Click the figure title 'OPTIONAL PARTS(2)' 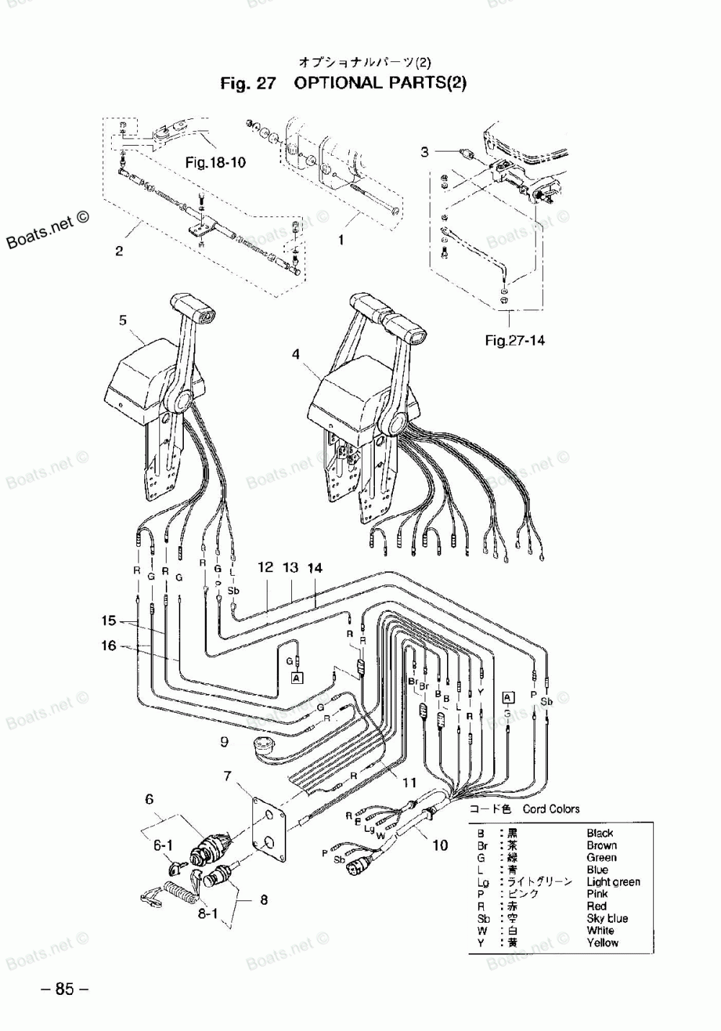click(x=380, y=82)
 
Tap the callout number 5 click(x=123, y=320)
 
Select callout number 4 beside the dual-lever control click(x=296, y=354)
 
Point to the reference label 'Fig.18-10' click(x=215, y=162)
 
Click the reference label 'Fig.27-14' click(x=515, y=341)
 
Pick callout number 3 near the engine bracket click(x=425, y=152)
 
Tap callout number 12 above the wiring click(x=265, y=567)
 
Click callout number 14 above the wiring click(x=314, y=567)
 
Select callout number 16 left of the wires click(x=108, y=645)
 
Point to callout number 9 click(x=224, y=741)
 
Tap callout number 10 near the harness click(x=440, y=845)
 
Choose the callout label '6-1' click(x=162, y=844)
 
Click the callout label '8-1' click(x=208, y=913)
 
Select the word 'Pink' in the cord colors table click(x=597, y=893)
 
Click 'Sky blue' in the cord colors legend click(x=607, y=918)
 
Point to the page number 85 click(x=64, y=989)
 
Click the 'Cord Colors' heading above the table click(x=552, y=809)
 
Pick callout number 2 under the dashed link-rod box click(x=119, y=251)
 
